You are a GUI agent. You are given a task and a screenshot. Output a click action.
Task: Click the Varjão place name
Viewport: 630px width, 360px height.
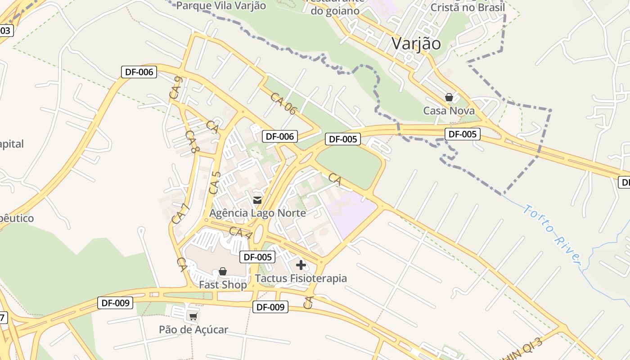[416, 44]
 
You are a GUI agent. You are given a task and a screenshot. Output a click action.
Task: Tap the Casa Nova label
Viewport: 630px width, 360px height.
[449, 111]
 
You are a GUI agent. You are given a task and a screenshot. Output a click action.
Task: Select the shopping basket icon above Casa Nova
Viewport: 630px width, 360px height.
[449, 97]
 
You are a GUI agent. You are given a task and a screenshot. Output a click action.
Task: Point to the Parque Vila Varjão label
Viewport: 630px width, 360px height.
[221, 6]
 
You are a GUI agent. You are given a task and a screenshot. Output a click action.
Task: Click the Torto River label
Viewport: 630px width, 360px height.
[553, 234]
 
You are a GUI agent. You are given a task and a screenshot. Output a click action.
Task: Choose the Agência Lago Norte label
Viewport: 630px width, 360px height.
[258, 213]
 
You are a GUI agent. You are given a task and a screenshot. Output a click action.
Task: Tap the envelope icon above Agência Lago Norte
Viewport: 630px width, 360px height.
[257, 200]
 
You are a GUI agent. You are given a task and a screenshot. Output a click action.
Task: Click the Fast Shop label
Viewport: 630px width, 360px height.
[223, 285]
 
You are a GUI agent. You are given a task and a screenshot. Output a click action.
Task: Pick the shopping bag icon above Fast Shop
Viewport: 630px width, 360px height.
[222, 271]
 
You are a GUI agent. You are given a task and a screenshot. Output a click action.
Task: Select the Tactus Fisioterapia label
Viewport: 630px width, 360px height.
[301, 278]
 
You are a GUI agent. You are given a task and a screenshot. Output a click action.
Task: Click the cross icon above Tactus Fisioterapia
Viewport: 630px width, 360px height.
[301, 265]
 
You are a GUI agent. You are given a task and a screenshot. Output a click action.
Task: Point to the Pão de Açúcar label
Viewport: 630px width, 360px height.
[193, 329]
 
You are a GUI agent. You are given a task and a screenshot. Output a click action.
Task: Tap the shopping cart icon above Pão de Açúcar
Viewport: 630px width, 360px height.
[193, 317]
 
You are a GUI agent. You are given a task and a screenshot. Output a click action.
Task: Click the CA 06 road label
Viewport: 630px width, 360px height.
[283, 103]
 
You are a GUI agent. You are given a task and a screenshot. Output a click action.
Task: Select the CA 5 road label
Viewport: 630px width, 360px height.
[216, 182]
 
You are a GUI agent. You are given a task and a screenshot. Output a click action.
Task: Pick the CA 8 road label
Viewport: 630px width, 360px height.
[192, 142]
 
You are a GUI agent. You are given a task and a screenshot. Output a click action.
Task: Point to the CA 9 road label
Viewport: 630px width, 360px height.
[175, 88]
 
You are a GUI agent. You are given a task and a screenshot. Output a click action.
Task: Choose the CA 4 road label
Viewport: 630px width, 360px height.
[240, 233]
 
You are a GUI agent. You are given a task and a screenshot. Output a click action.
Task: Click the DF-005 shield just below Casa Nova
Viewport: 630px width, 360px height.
[462, 134]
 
